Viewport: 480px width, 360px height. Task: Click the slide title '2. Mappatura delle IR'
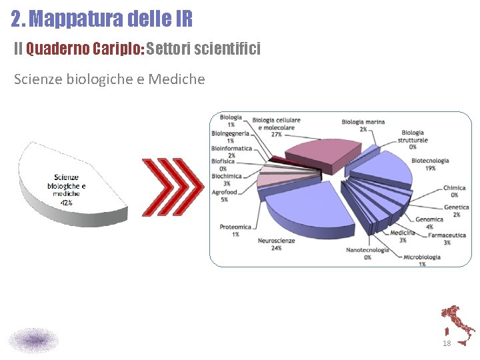101,18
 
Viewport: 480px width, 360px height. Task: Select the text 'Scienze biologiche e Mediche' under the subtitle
109,80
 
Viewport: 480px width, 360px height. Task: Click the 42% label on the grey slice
67,202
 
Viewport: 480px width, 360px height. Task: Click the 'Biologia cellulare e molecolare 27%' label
276,127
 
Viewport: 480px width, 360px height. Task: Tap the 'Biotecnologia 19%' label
430,164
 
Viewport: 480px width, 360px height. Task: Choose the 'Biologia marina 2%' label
363,125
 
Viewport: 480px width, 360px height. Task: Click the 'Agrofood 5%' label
224,195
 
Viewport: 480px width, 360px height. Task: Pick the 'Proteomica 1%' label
235,230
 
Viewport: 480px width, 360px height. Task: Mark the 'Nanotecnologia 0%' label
367,253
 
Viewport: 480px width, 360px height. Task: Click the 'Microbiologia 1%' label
421,260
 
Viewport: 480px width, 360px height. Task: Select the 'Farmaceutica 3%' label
447,239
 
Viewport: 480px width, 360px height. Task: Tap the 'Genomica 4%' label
429,223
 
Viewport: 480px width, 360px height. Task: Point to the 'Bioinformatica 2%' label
231,151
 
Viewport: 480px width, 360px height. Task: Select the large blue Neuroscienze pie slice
307,210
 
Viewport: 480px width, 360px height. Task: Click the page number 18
447,343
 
